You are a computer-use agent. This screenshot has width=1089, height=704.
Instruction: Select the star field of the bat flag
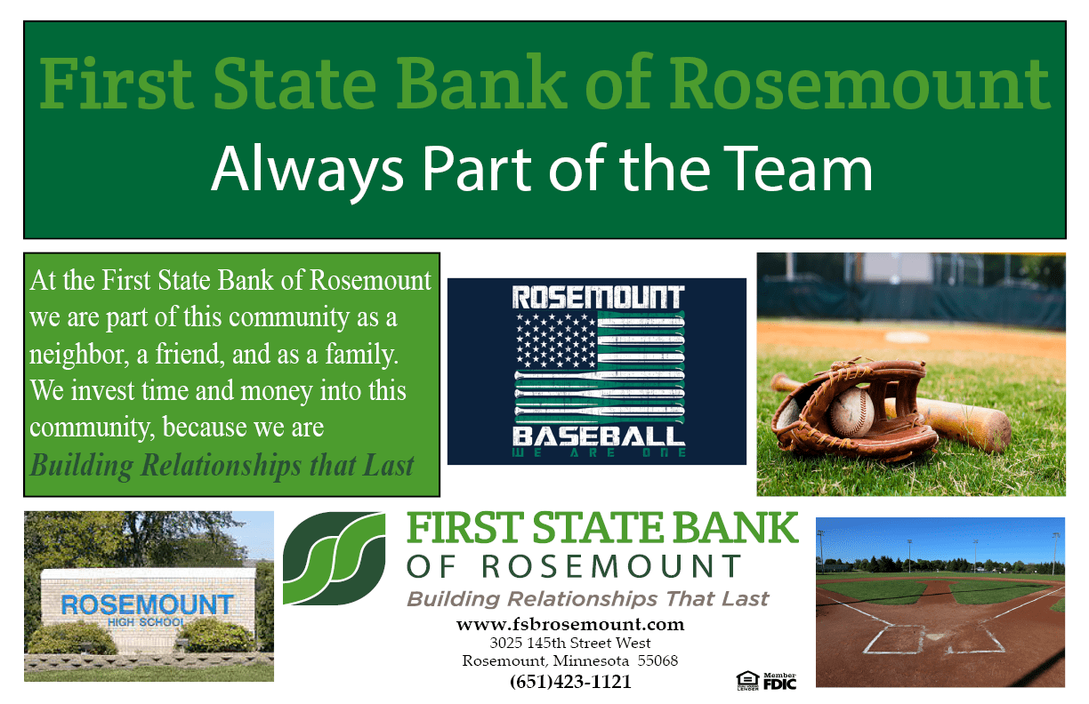[556, 340]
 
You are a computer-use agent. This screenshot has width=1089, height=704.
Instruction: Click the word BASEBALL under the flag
[599, 436]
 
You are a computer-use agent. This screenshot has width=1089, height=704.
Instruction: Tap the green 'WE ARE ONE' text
[599, 452]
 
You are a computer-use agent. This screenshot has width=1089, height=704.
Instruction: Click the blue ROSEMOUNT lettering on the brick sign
[147, 604]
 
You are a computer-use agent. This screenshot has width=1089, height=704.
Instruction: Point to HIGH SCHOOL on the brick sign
[146, 622]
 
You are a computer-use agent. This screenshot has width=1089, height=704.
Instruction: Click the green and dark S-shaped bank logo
[334, 558]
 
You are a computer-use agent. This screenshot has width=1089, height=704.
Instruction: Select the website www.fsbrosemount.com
[570, 624]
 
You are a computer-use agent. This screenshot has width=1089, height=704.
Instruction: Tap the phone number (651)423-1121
[570, 681]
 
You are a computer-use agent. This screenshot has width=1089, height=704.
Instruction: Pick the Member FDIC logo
[779, 681]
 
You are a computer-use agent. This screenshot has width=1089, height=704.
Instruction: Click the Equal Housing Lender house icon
[747, 681]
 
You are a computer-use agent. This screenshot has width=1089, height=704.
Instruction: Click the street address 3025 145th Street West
[570, 643]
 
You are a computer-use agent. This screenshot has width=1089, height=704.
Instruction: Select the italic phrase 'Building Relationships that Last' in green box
[222, 466]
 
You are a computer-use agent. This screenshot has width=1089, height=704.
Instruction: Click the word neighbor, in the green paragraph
[79, 354]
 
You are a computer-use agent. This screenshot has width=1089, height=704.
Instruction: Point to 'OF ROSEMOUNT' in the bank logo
[574, 566]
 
